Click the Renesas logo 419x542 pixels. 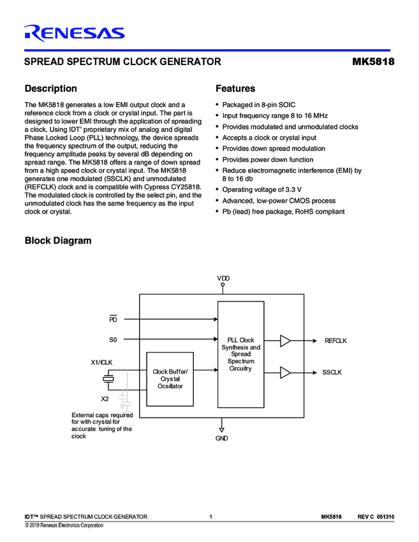[74, 33]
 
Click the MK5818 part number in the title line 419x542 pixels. [372, 62]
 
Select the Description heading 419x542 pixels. [50, 89]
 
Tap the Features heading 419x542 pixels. [235, 89]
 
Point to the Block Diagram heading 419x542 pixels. [57, 240]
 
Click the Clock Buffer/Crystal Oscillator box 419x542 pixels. [171, 379]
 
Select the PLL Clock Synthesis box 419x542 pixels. [241, 355]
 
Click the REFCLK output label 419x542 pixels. [335, 341]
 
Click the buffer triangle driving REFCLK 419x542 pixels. [285, 341]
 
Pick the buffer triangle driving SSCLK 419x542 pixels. [285, 372]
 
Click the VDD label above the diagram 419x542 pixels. [223, 279]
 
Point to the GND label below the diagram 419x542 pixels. [221, 438]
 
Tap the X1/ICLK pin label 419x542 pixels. [103, 363]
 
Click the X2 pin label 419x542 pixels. [105, 399]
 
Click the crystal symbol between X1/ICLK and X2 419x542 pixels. [110, 380]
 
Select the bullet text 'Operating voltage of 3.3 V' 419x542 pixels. [261, 189]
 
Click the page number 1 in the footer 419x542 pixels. [210, 516]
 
